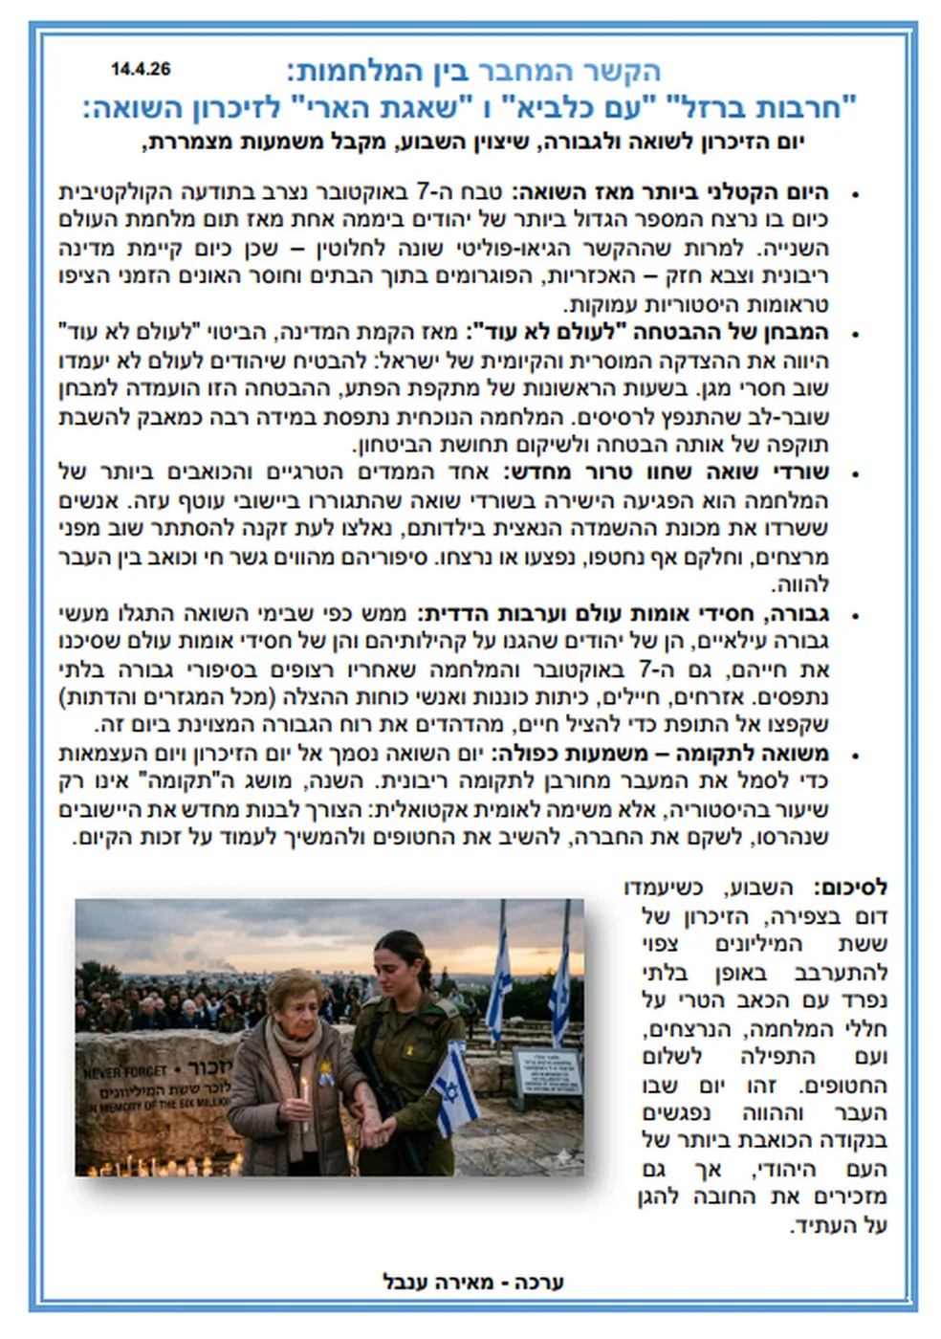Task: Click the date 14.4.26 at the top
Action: click(x=141, y=69)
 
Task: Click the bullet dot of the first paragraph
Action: click(x=853, y=195)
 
